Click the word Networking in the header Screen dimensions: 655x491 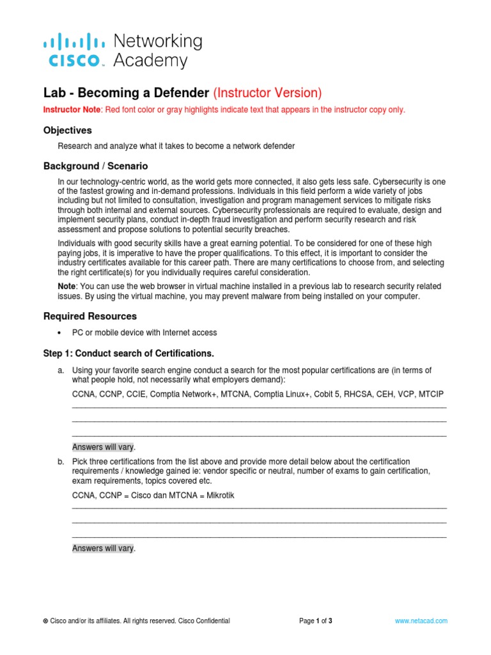157,42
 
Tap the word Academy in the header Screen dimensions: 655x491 150,61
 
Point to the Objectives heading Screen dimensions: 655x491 68,130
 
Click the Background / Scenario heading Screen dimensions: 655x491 95,166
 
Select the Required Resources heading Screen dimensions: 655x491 90,317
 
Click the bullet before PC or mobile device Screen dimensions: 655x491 59,333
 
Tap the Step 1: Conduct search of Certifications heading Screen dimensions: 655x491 129,354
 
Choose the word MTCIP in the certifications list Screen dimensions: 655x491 432,393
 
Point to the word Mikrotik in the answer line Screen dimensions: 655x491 217,496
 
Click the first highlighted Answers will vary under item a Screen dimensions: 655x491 104,447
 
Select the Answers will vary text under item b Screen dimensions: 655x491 104,549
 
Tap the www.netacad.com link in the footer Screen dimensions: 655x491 421,621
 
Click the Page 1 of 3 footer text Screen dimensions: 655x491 316,621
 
